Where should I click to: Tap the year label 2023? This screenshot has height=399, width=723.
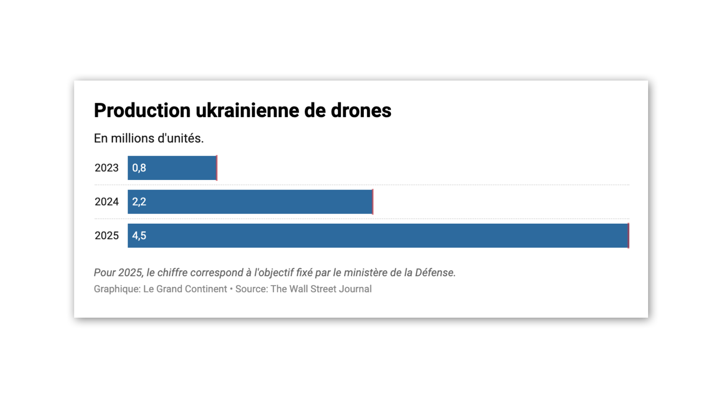pos(106,168)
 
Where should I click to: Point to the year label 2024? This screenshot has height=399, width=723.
pos(106,202)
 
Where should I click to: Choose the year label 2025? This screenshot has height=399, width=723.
pos(106,236)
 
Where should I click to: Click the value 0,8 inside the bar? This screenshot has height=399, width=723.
pos(139,168)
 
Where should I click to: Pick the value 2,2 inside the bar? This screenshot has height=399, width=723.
pos(139,202)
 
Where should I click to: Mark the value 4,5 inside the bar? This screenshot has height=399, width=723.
pos(139,236)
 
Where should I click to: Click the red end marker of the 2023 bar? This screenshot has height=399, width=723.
pos(217,168)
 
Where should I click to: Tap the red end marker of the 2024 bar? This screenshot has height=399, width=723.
pos(373,202)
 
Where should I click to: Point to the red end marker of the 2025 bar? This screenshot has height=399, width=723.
pos(628,236)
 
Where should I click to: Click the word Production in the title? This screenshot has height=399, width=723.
pos(142,110)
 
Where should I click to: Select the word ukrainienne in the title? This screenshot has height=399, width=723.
pos(247,110)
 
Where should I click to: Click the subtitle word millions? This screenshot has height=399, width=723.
pos(133,138)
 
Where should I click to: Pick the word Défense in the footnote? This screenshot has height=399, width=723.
pos(435,273)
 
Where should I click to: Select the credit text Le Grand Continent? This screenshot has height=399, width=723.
pos(185,289)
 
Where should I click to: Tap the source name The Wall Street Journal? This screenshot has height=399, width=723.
pos(321,289)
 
